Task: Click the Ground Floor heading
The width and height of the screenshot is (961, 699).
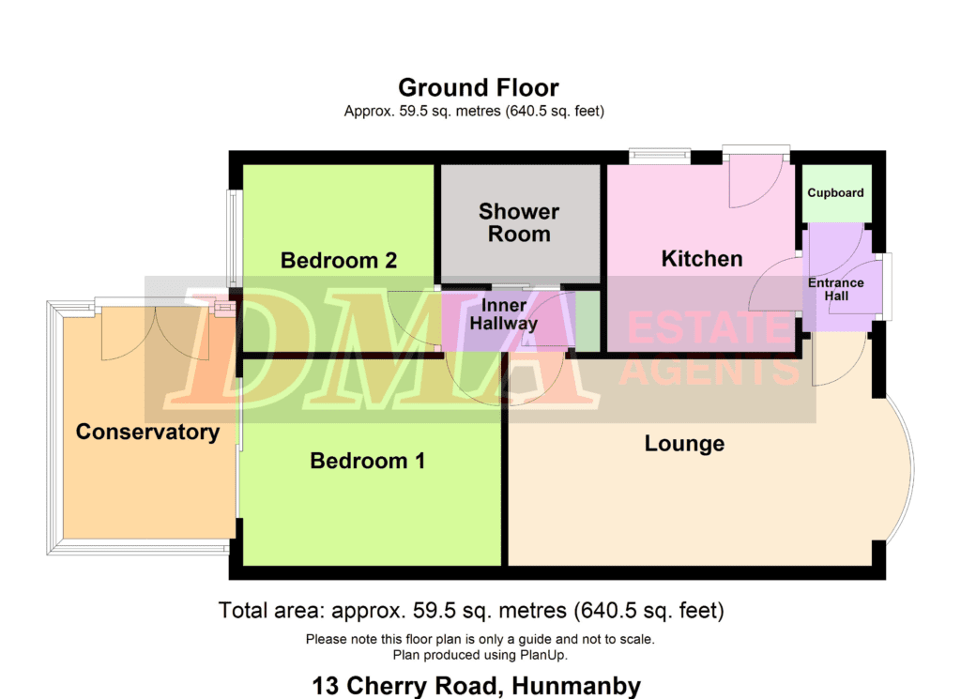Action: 478,87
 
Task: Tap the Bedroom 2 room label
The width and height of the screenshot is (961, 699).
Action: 338,260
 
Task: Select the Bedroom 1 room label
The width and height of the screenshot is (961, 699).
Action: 367,461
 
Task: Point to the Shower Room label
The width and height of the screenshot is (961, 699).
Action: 518,222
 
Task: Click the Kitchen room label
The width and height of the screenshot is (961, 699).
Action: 702,259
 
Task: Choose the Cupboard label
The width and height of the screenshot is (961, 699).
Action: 835,193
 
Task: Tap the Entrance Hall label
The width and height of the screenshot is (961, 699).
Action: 836,289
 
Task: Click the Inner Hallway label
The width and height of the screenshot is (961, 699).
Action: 503,314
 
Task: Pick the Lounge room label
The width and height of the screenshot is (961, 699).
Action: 684,444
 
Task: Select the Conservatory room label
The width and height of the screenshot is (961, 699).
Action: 147,432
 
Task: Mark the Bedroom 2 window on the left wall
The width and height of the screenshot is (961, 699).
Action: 233,239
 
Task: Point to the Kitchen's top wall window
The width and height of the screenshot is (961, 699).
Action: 660,156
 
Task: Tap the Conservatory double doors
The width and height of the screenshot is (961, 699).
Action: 155,334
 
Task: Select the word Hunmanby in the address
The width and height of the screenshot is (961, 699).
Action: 576,686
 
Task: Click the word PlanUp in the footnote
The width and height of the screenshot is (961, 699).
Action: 542,655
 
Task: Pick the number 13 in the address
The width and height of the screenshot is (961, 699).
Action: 326,686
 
